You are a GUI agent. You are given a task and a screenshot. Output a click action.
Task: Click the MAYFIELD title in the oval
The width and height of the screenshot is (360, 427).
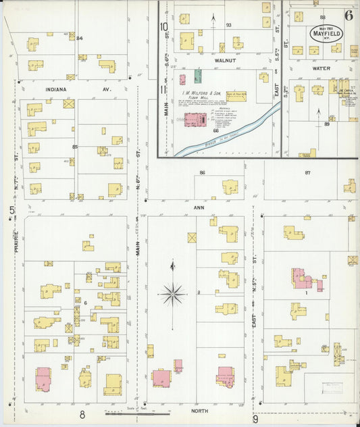tap(326, 32)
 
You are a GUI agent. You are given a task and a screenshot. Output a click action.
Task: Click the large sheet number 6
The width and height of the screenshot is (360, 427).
tap(348, 15)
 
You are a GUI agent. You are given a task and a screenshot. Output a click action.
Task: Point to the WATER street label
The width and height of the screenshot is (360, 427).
tap(321, 68)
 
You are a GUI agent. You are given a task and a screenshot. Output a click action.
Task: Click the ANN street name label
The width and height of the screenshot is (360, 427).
tap(199, 207)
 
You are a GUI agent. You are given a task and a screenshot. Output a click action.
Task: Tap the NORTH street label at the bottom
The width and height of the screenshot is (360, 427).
tap(199, 410)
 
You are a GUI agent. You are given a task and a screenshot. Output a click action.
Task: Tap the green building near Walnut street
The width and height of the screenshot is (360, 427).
tap(198, 76)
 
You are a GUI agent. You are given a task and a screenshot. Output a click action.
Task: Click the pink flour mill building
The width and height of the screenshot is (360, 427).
tap(198, 120)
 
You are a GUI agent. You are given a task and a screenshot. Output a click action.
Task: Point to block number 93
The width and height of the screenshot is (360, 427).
tap(228, 25)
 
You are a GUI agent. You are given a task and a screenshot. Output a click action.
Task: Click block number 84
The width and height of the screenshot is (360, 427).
tap(79, 38)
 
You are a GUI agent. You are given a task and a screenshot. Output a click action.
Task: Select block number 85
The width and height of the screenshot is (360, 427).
tap(75, 147)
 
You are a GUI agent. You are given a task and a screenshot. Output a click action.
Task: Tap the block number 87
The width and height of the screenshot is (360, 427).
tap(307, 173)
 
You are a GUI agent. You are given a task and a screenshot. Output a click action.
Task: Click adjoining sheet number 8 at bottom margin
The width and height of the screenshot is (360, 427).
tap(82, 414)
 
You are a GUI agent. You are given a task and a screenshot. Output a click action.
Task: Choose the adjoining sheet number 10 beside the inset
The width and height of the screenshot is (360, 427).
tap(163, 27)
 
